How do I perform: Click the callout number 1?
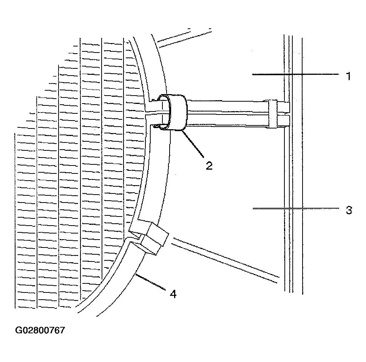click(348, 76)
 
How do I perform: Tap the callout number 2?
click(209, 166)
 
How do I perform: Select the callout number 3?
click(349, 210)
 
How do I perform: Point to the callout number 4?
click(173, 294)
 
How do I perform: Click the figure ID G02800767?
click(40, 330)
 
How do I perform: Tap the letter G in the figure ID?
click(18, 330)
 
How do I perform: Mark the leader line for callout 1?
click(295, 74)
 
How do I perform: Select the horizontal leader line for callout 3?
click(296, 208)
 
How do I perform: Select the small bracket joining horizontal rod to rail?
click(272, 114)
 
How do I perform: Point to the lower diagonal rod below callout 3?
click(225, 260)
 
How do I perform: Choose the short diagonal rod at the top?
click(184, 38)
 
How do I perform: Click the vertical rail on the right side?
click(293, 165)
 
